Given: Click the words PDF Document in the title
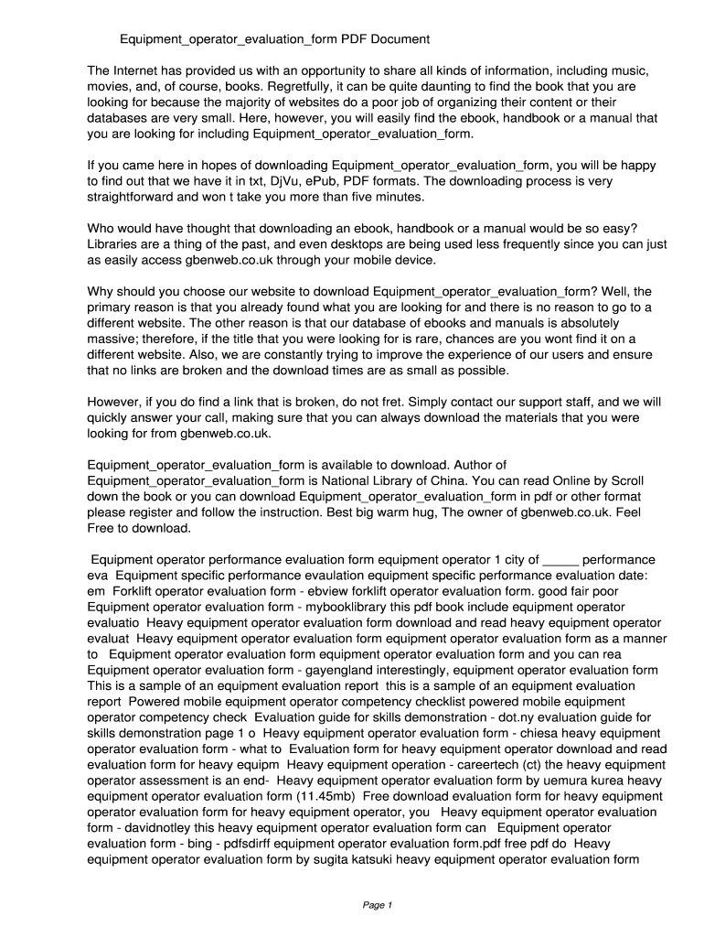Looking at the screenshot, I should click(385, 39).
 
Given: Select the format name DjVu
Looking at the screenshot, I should click(291, 181).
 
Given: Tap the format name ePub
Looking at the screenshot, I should click(334, 181).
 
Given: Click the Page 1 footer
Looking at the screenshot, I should click(377, 906).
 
